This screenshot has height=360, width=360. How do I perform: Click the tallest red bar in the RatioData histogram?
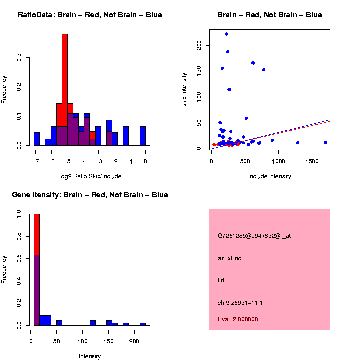click(65, 90)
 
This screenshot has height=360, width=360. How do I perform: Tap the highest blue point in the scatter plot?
click(226, 34)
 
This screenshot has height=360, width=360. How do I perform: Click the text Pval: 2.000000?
click(238, 319)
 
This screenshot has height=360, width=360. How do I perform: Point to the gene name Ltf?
click(221, 280)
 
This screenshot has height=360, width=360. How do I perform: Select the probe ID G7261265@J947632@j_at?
click(254, 236)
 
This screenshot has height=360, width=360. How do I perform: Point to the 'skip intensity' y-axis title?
click(184, 89)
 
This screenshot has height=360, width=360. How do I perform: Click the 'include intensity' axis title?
click(270, 176)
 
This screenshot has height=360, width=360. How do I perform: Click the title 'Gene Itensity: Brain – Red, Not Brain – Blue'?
click(90, 195)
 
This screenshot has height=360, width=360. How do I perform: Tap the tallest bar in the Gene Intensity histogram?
click(37, 270)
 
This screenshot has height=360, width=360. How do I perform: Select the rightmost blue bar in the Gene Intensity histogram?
click(143, 324)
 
